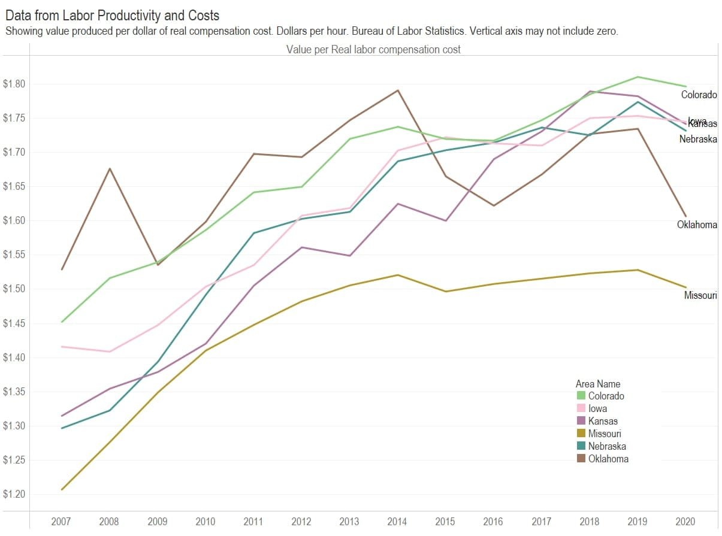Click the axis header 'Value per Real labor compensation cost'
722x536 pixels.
click(373, 50)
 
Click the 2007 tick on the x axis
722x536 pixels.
click(61, 522)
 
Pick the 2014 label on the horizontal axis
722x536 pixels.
click(398, 522)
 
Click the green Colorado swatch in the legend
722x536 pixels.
click(581, 396)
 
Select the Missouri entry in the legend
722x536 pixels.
click(604, 434)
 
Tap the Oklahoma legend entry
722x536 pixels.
click(608, 459)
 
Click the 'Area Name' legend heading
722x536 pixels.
click(597, 384)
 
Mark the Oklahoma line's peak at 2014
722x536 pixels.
click(398, 90)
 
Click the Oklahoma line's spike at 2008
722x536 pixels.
click(109, 168)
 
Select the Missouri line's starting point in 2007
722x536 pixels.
click(62, 490)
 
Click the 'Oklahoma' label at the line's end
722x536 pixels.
click(697, 225)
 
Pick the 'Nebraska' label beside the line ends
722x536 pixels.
click(698, 140)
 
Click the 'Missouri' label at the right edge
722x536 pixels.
click(700, 296)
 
